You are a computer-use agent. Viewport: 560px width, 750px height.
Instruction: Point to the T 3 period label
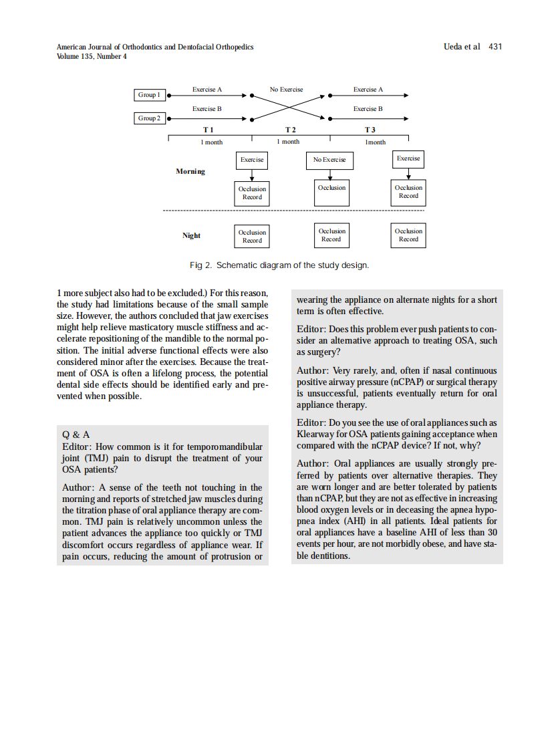pyautogui.click(x=370, y=130)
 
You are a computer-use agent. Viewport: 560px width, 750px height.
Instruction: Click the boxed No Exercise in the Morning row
pyautogui.click(x=329, y=160)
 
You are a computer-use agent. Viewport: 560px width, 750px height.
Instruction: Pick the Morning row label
pyautogui.click(x=190, y=172)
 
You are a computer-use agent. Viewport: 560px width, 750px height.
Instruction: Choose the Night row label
pyautogui.click(x=191, y=235)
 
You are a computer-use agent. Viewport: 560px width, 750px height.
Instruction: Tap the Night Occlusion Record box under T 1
pyautogui.click(x=252, y=236)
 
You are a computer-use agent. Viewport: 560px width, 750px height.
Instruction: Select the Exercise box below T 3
pyautogui.click(x=408, y=159)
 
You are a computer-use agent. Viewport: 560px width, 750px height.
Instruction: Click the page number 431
pyautogui.click(x=495, y=47)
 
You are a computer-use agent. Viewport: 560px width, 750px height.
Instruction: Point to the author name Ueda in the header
pyautogui.click(x=454, y=47)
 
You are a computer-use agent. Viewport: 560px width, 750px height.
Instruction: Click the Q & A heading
pyautogui.click(x=76, y=434)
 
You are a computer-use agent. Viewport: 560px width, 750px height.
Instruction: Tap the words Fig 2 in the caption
pyautogui.click(x=200, y=265)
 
